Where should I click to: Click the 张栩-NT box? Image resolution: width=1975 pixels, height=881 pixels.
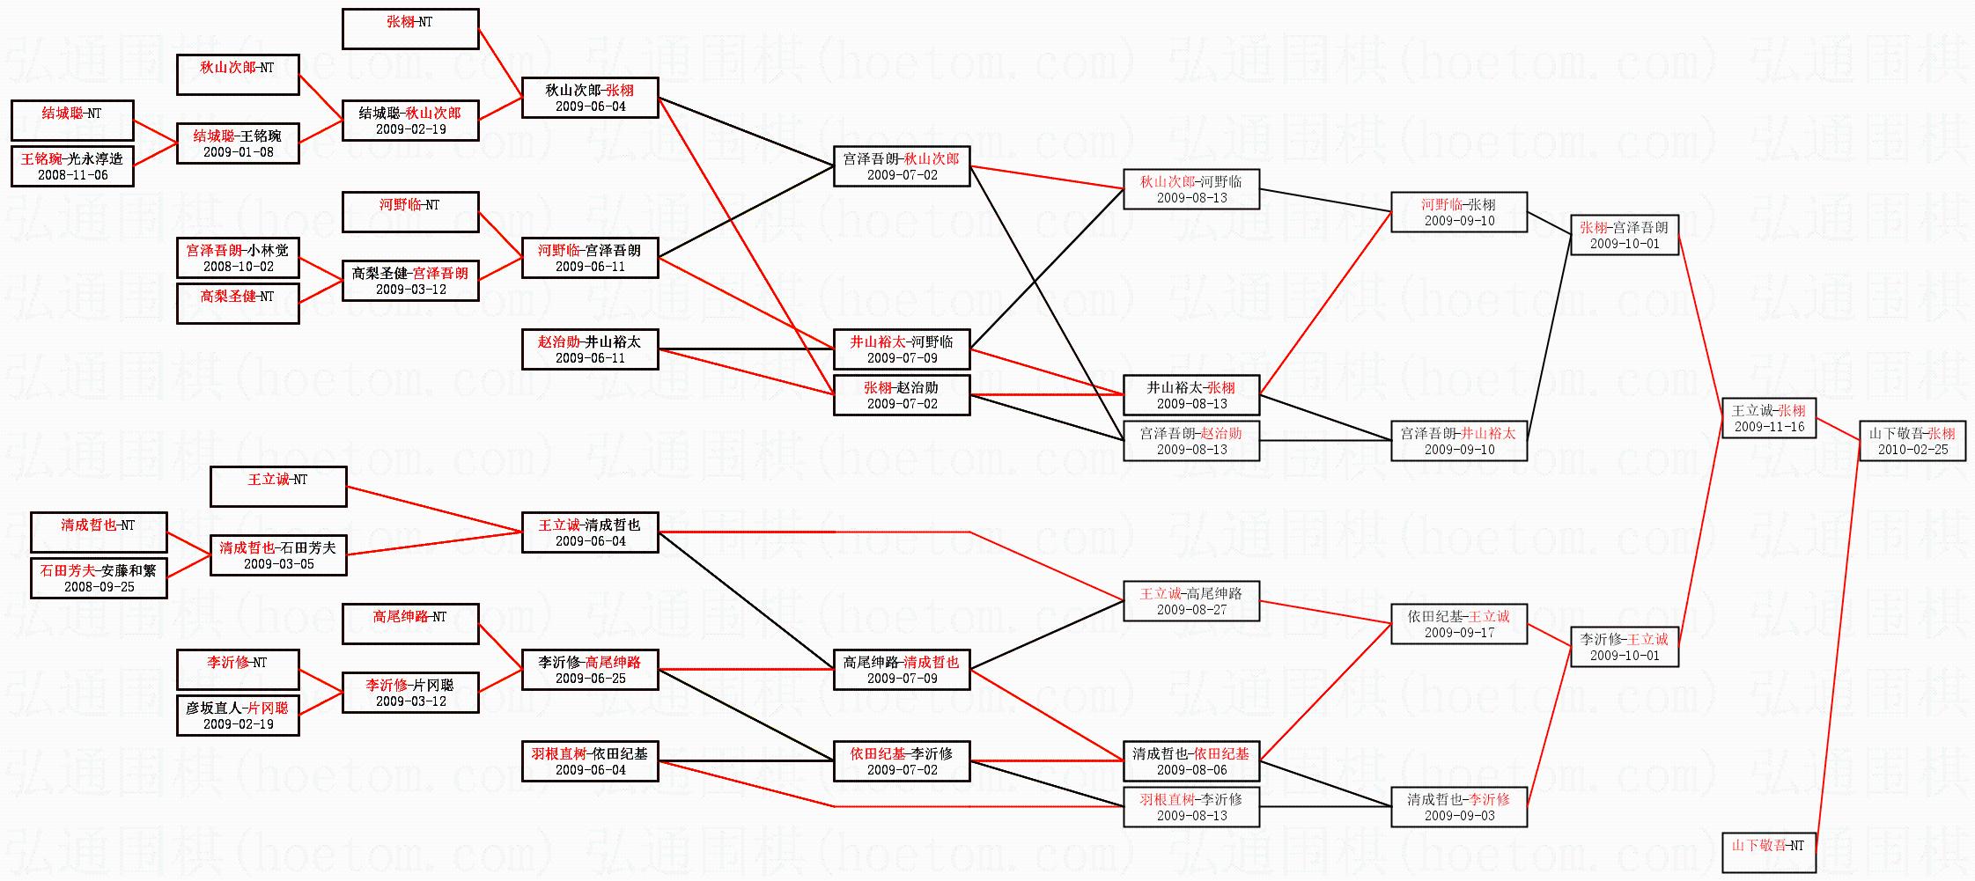(410, 29)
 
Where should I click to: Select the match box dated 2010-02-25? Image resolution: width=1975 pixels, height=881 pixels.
(1912, 441)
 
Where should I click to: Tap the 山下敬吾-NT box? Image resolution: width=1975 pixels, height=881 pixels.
(1768, 853)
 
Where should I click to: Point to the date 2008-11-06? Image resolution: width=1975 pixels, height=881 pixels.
(73, 175)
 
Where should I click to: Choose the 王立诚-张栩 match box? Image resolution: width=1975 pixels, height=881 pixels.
(1768, 418)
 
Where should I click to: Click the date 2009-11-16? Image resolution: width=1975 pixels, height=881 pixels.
(1769, 427)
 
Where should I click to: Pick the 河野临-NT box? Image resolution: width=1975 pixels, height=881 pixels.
(410, 212)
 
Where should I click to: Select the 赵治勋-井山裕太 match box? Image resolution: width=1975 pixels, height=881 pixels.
(590, 349)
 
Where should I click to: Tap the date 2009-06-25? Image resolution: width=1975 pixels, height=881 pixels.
(590, 679)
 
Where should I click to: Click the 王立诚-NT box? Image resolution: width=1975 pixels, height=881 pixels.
(278, 487)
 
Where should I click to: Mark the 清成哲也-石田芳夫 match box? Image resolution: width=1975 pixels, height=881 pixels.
(278, 555)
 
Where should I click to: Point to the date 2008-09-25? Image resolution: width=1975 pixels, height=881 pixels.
(99, 587)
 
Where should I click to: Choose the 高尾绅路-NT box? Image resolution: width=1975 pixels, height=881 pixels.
(410, 624)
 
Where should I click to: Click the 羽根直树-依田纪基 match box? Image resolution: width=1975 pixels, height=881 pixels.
(590, 761)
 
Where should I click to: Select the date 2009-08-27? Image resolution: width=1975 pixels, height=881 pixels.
(1191, 610)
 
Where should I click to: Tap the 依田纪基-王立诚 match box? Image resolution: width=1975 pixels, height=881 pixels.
(1459, 624)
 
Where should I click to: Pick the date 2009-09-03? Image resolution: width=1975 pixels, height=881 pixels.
(1459, 816)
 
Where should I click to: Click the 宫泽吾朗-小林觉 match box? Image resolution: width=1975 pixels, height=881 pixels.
(238, 258)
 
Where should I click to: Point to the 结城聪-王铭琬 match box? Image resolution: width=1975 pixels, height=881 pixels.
(238, 143)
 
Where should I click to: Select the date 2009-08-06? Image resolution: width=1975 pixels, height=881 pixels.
(1191, 770)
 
